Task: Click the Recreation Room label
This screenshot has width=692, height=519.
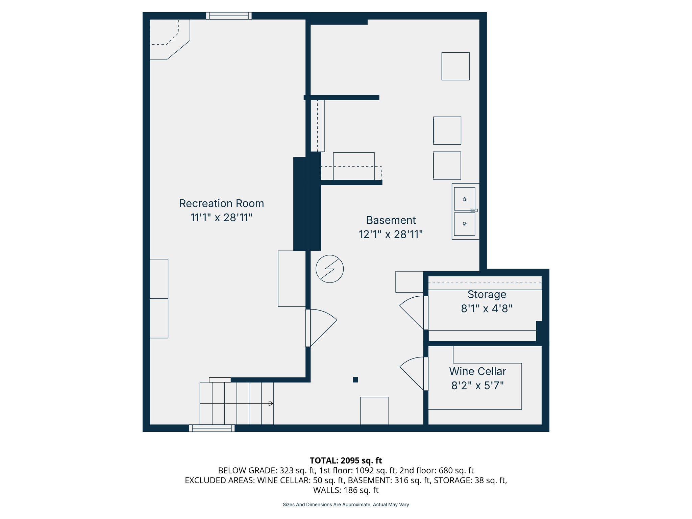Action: pos(221,203)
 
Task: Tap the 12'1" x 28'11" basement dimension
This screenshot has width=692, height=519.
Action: pos(391,234)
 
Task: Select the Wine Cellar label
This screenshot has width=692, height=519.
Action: pos(477,371)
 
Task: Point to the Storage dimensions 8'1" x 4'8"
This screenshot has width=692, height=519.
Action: pos(487,308)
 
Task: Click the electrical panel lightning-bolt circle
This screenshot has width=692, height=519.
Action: pos(329,269)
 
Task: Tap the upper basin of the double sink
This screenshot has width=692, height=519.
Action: pos(464,199)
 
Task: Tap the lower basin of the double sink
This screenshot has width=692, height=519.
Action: pos(464,224)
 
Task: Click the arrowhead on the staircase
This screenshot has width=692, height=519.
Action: pos(271,403)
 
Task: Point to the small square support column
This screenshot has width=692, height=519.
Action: pos(355,380)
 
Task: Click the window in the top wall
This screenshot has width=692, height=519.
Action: pos(229,16)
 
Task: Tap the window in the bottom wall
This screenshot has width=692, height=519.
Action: pos(212,428)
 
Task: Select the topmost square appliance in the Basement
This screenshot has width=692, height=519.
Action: pos(455,66)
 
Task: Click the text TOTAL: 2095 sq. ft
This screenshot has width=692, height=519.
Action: pos(346,461)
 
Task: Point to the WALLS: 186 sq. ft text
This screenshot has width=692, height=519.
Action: pos(346,490)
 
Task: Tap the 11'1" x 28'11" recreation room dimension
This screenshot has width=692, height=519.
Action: pos(221,218)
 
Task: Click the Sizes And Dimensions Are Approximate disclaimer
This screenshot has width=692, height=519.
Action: pos(346,504)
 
